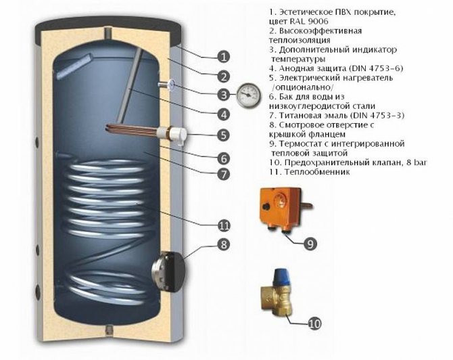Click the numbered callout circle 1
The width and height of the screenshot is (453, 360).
point(223,57)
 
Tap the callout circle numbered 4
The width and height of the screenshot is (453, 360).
point(224,115)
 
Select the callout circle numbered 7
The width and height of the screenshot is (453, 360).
point(224,174)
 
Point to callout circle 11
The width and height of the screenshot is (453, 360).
point(224,225)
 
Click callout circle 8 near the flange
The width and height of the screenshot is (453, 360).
point(224,245)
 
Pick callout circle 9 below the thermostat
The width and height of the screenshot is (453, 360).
point(310,244)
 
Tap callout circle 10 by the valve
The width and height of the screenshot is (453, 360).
point(314,323)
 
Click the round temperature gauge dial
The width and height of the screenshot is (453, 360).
point(248,95)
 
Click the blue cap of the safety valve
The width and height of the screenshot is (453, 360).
point(282,277)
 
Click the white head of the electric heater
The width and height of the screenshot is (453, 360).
point(178,135)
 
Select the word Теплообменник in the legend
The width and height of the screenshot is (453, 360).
point(317,172)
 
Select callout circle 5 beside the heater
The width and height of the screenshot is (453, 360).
point(224,135)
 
